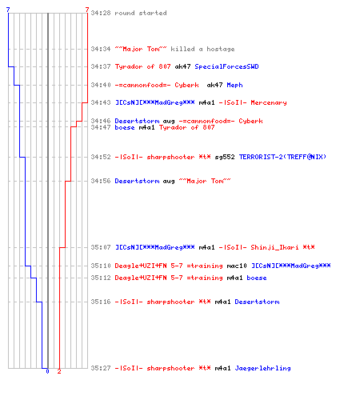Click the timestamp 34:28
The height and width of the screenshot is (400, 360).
[101, 13]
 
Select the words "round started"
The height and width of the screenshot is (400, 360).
[141, 13]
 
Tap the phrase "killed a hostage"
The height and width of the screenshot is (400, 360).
[202, 49]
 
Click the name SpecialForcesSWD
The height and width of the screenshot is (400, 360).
[226, 66]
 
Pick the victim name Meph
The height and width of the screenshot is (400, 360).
[234, 85]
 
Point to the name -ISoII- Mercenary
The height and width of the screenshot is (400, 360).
[253, 102]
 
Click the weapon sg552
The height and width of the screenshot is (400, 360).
[225, 157]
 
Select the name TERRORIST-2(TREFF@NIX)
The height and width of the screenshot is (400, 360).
[282, 157]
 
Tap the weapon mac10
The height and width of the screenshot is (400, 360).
[237, 266]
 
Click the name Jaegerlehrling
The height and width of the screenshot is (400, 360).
[262, 368]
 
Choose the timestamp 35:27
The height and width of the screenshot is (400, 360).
[101, 368]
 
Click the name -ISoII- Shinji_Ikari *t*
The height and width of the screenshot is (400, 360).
[266, 247]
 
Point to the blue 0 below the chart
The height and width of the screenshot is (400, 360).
[47, 371]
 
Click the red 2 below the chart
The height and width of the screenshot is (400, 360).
[59, 371]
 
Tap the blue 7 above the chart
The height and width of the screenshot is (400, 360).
[8, 10]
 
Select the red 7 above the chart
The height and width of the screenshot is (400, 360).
[87, 10]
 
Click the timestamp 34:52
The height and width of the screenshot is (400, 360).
[101, 157]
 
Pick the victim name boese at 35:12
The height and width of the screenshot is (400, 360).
[257, 278]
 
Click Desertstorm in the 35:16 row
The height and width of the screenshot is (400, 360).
[257, 302]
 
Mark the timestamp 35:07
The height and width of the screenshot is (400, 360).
[101, 247]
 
